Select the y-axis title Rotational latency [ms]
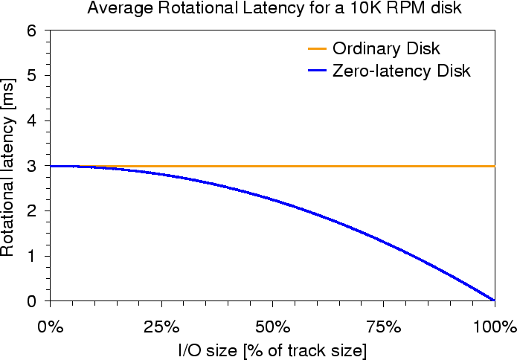pos(8,166)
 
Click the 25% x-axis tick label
pos(161,327)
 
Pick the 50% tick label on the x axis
pos(272,327)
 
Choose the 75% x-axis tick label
pos(383,327)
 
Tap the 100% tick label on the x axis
pos(493,327)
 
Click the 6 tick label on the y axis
pos(31,31)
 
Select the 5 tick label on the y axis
pos(31,76)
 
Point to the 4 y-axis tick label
pos(31,121)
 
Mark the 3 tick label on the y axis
pos(31,167)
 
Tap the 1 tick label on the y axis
pos(31,257)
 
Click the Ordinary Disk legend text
pos(386,49)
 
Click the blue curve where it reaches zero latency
pos(494,300)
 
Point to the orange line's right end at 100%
pos(494,166)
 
